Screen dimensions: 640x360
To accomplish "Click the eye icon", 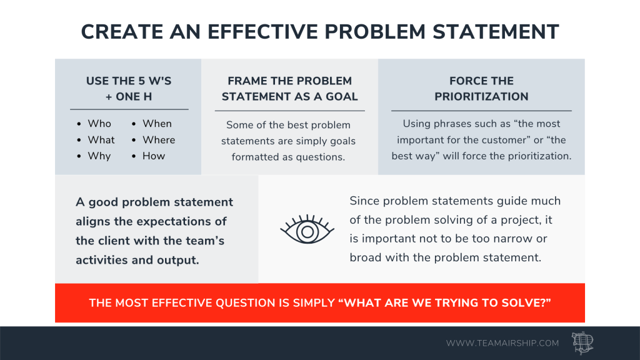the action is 307,229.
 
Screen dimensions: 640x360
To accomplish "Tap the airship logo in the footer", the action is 582,343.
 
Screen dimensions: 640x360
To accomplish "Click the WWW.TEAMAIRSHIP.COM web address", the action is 502,343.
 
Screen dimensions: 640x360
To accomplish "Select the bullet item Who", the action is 99,124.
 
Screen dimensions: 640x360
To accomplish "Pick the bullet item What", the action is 101,140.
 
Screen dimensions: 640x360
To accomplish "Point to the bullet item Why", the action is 99,156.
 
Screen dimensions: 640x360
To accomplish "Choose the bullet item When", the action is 157,124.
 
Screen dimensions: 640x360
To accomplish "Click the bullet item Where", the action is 159,140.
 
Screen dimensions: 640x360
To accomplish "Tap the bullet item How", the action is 154,156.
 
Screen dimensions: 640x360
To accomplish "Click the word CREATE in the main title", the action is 122,32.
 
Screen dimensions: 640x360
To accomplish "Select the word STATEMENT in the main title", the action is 496,32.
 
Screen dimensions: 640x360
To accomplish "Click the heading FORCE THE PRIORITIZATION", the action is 482,89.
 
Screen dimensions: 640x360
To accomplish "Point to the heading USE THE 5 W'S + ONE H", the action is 129,89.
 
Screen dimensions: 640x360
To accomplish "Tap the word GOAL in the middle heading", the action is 342,97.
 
